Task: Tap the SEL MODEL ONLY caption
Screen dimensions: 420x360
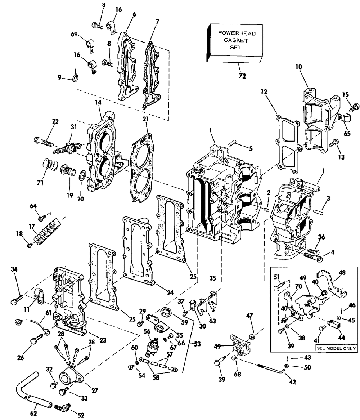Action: point(336,348)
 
